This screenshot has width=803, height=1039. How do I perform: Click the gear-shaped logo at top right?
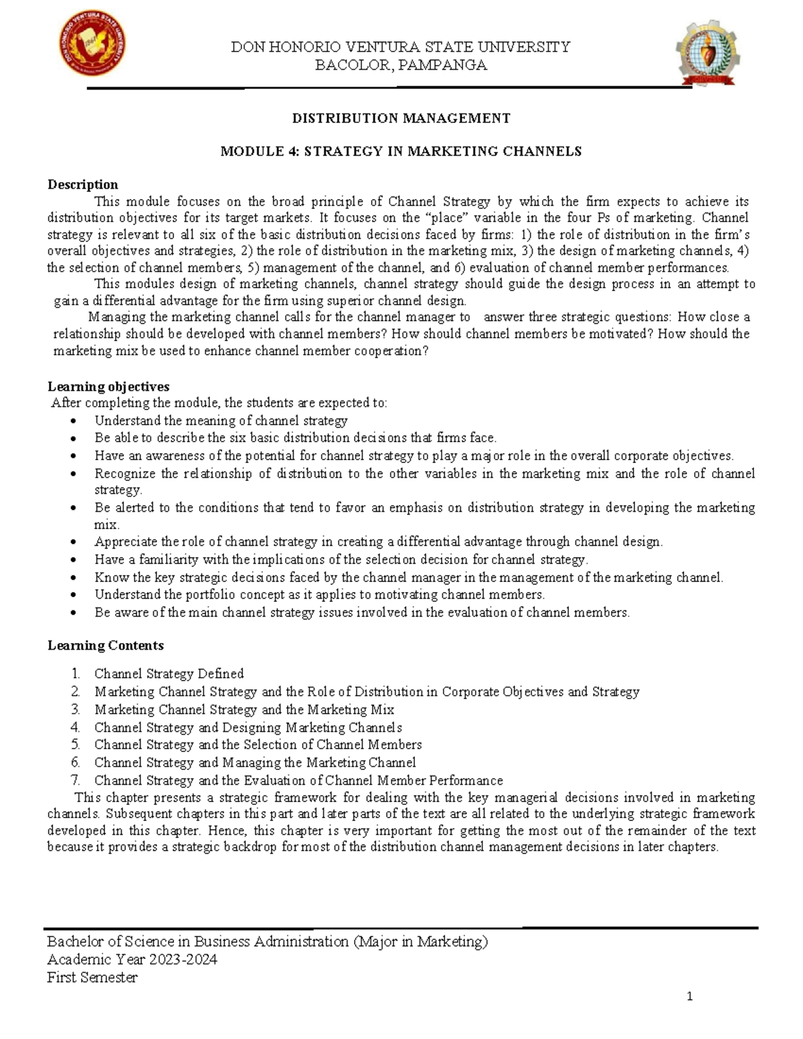point(708,54)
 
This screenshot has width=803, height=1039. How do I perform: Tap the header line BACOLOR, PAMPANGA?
point(401,66)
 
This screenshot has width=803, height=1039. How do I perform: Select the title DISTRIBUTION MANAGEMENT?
point(401,118)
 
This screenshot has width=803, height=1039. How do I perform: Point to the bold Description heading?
point(82,185)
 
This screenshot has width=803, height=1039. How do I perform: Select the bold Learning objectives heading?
point(108,387)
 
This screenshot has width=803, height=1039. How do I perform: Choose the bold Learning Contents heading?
point(105,646)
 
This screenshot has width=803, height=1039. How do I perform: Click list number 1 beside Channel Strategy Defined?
point(76,674)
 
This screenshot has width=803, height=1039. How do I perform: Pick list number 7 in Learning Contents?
point(76,780)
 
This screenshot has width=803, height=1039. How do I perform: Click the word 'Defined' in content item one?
point(219,674)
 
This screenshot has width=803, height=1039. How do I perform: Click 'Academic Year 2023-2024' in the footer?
point(132,959)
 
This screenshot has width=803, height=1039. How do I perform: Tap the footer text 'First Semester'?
point(92,977)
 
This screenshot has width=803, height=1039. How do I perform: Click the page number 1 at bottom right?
point(690,997)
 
